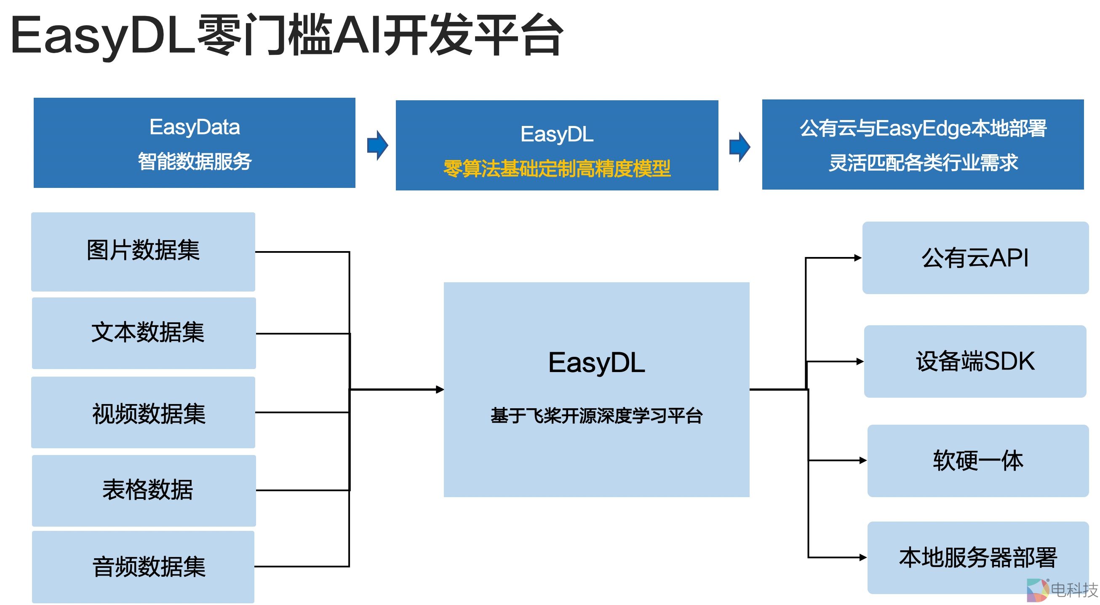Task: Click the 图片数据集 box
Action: [x=143, y=252]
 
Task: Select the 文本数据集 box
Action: [x=144, y=333]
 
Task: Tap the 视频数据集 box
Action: [x=143, y=413]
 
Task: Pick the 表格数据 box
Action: [x=144, y=490]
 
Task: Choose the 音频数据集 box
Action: [x=143, y=567]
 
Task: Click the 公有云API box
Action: [x=975, y=258]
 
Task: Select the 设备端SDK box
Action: [x=975, y=361]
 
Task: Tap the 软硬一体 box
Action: [x=977, y=460]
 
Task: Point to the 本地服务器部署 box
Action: [x=977, y=557]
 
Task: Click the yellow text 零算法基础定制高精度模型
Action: [x=556, y=169]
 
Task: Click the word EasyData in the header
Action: [x=194, y=127]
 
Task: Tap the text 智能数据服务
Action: [x=194, y=161]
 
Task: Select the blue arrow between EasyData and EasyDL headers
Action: [x=377, y=145]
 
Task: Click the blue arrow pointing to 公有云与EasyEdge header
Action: [x=740, y=147]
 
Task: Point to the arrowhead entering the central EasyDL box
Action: [x=439, y=389]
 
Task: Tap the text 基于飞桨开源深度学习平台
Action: [x=596, y=415]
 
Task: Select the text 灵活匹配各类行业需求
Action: [x=923, y=163]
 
